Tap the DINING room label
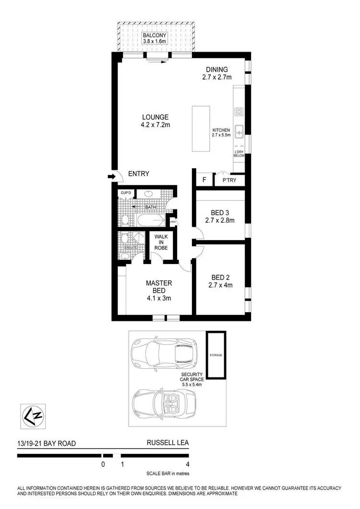click(x=217, y=69)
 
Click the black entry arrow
click(x=112, y=177)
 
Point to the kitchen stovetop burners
click(x=240, y=112)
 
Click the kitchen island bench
click(x=201, y=129)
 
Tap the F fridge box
click(x=204, y=181)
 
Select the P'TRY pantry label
click(x=228, y=181)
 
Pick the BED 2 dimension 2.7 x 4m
click(x=221, y=285)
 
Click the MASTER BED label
click(x=159, y=287)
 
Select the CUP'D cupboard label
click(x=126, y=193)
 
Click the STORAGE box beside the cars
click(x=216, y=354)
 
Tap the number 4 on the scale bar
click(x=187, y=464)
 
